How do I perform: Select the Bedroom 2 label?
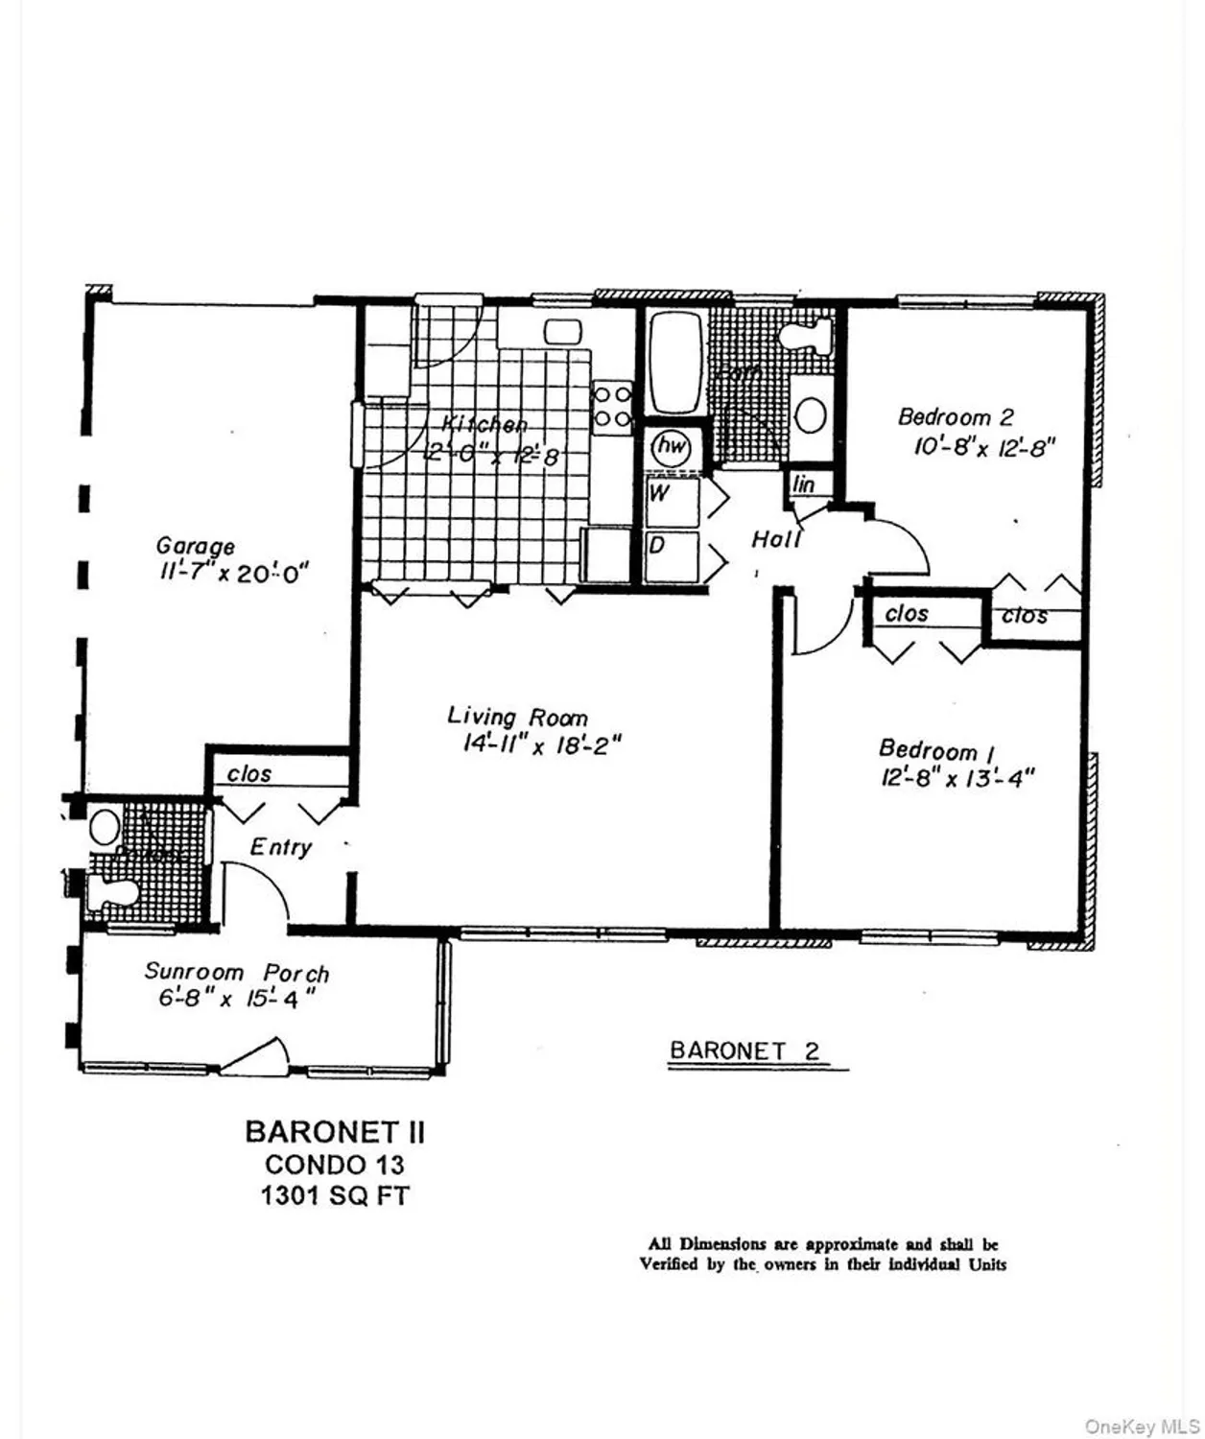pyautogui.click(x=956, y=417)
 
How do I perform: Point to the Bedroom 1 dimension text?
pyautogui.click(x=957, y=778)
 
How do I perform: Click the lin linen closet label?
pyautogui.click(x=804, y=484)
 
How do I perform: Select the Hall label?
pyautogui.click(x=776, y=540)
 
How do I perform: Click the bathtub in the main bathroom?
pyautogui.click(x=674, y=365)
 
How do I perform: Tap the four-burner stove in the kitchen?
pyautogui.click(x=611, y=406)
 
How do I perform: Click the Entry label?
pyautogui.click(x=280, y=847)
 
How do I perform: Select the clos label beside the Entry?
pyautogui.click(x=249, y=773)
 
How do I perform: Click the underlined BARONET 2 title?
pyautogui.click(x=744, y=1050)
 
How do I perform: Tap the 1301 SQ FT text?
pyautogui.click(x=335, y=1196)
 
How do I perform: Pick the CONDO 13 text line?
pyautogui.click(x=335, y=1165)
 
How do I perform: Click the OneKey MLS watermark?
pyautogui.click(x=1142, y=1427)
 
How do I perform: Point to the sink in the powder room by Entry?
pyautogui.click(x=105, y=826)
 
